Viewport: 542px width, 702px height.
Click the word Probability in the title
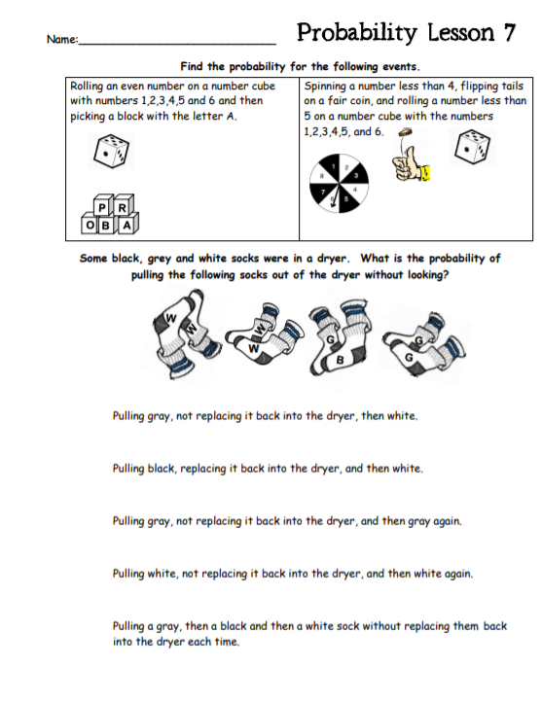(x=358, y=32)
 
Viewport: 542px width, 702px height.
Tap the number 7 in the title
(x=508, y=32)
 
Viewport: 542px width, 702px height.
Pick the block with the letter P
(x=102, y=206)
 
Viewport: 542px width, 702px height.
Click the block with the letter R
(x=122, y=206)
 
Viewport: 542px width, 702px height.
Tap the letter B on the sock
(x=339, y=361)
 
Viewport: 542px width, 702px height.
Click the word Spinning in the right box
(x=328, y=87)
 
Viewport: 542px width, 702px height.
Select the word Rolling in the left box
(x=90, y=87)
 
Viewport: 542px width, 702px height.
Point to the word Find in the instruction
(x=192, y=67)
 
